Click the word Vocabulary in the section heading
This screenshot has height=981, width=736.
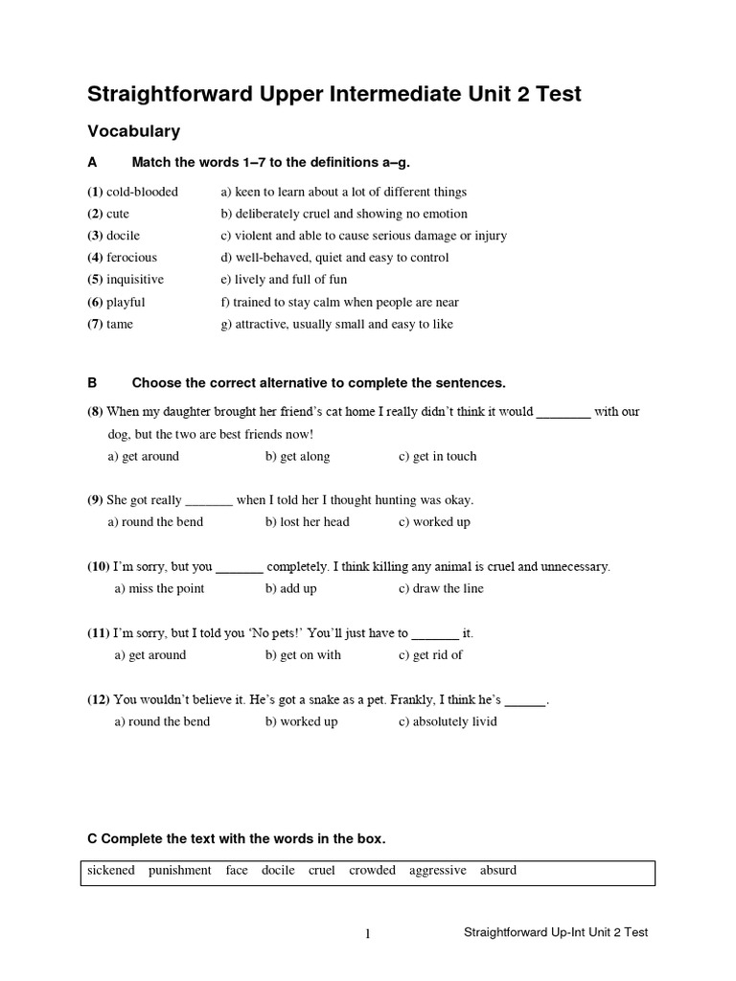coord(133,131)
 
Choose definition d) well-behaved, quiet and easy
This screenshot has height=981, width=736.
coord(334,258)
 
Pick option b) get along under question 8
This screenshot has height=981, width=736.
coord(297,457)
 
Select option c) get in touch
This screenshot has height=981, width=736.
coord(437,457)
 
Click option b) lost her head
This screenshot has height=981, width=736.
coord(307,523)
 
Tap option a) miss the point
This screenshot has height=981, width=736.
coord(159,589)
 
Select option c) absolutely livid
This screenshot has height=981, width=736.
coord(448,721)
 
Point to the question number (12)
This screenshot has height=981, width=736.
coord(99,700)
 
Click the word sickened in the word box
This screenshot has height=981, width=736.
coord(111,871)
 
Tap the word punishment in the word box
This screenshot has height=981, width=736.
coord(180,871)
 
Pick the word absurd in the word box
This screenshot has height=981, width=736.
coord(498,871)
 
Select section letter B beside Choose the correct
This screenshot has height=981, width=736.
coord(93,383)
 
